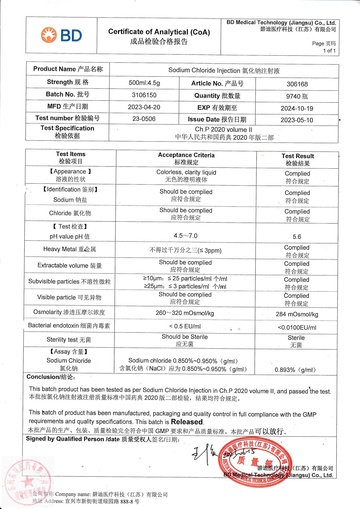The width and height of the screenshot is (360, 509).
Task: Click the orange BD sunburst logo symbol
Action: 49,35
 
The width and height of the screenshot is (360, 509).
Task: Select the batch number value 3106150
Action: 144,95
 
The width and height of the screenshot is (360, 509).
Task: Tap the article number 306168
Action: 297,84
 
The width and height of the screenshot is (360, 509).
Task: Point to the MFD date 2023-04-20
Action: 144,107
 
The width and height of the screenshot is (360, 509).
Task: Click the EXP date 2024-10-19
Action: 297,108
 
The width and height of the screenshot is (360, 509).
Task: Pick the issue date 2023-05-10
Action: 297,120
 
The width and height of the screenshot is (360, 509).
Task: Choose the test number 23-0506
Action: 144,119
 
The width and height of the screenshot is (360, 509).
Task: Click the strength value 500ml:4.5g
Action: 144,83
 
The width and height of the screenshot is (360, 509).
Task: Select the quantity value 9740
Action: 293,96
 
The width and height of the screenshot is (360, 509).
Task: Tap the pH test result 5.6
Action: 297,237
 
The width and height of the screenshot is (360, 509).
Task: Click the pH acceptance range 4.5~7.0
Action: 186,236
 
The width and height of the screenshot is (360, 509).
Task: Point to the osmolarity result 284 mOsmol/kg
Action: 297,314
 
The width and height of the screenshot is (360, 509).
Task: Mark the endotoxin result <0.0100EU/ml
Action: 297,328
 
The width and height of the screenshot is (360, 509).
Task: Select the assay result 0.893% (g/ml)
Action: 295,370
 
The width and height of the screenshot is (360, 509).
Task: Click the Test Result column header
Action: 298,160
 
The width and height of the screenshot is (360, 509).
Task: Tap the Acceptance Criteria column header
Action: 186,159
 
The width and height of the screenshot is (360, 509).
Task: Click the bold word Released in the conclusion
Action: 187,422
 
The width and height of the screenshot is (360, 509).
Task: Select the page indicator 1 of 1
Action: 329,51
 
